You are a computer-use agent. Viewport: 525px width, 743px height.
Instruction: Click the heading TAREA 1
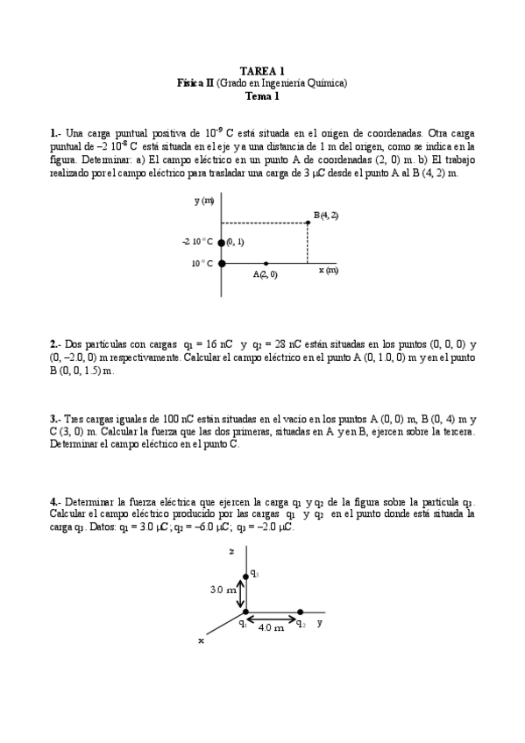click(262, 71)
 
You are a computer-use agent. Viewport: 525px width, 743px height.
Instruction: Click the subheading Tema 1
click(262, 96)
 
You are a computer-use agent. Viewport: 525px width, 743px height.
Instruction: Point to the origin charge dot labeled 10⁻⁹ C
click(222, 262)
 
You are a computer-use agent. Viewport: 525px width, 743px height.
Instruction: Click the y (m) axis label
click(204, 202)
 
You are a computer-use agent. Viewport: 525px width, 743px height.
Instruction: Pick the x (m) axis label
click(329, 270)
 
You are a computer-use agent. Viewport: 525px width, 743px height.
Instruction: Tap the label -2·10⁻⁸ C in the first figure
click(198, 242)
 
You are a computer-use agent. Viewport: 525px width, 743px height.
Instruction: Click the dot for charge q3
click(246, 576)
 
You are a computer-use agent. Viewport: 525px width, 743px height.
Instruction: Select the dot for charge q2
click(300, 612)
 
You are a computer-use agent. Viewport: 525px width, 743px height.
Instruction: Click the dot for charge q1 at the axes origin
click(246, 612)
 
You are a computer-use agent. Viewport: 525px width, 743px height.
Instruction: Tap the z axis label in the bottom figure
click(230, 552)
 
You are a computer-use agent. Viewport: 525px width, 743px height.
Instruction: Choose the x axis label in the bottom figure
click(201, 640)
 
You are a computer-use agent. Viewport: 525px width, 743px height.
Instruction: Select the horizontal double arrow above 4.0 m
click(273, 619)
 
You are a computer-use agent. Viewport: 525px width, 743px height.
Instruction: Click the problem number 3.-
click(55, 419)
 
